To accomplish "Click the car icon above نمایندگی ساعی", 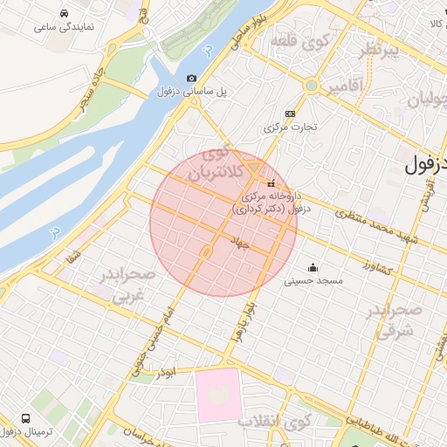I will coord(65,14).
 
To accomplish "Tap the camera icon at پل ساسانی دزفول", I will coord(192,79).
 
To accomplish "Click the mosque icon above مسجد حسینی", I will coord(313,267).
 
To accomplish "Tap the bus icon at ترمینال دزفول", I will coord(25,419).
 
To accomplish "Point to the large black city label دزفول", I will coord(427,163).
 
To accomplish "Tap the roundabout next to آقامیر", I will coord(311,86).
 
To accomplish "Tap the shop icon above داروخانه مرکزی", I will coord(271,184).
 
